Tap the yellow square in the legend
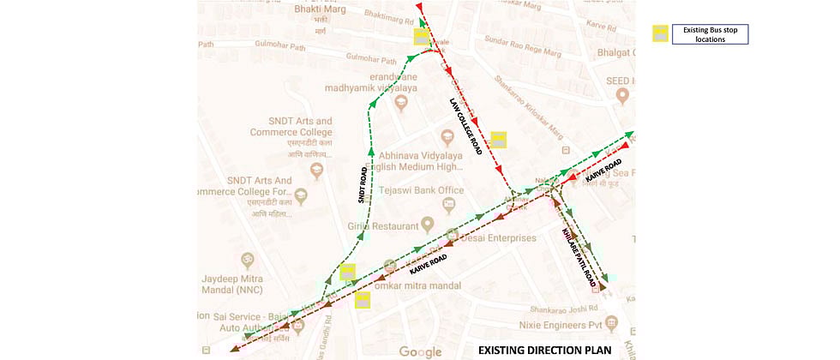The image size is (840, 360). coord(660,34)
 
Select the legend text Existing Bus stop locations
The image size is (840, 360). coord(711,34)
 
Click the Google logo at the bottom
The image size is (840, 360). coord(420,351)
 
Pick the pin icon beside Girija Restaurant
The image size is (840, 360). coord(426,225)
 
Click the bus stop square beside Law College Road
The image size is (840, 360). coord(498,140)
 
